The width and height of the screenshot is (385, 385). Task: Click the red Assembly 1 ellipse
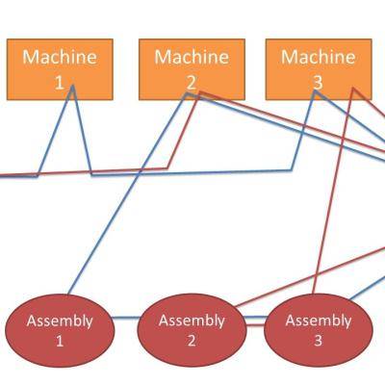click(x=60, y=330)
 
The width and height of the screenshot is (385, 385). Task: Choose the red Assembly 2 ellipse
click(x=191, y=330)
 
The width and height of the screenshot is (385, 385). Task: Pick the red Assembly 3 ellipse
click(x=318, y=329)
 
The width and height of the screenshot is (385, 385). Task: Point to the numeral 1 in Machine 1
click(x=60, y=83)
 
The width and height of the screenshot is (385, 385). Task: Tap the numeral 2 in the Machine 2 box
click(x=191, y=83)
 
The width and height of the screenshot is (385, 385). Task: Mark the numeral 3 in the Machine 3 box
click(x=317, y=83)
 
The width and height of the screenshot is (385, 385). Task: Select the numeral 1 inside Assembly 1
click(x=60, y=340)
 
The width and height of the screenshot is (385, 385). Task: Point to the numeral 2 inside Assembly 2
click(x=191, y=340)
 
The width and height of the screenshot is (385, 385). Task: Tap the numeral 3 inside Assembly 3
click(x=318, y=340)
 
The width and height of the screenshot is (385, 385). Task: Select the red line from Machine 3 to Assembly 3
click(x=334, y=192)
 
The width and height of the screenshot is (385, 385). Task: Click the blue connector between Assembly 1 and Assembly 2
click(x=125, y=318)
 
